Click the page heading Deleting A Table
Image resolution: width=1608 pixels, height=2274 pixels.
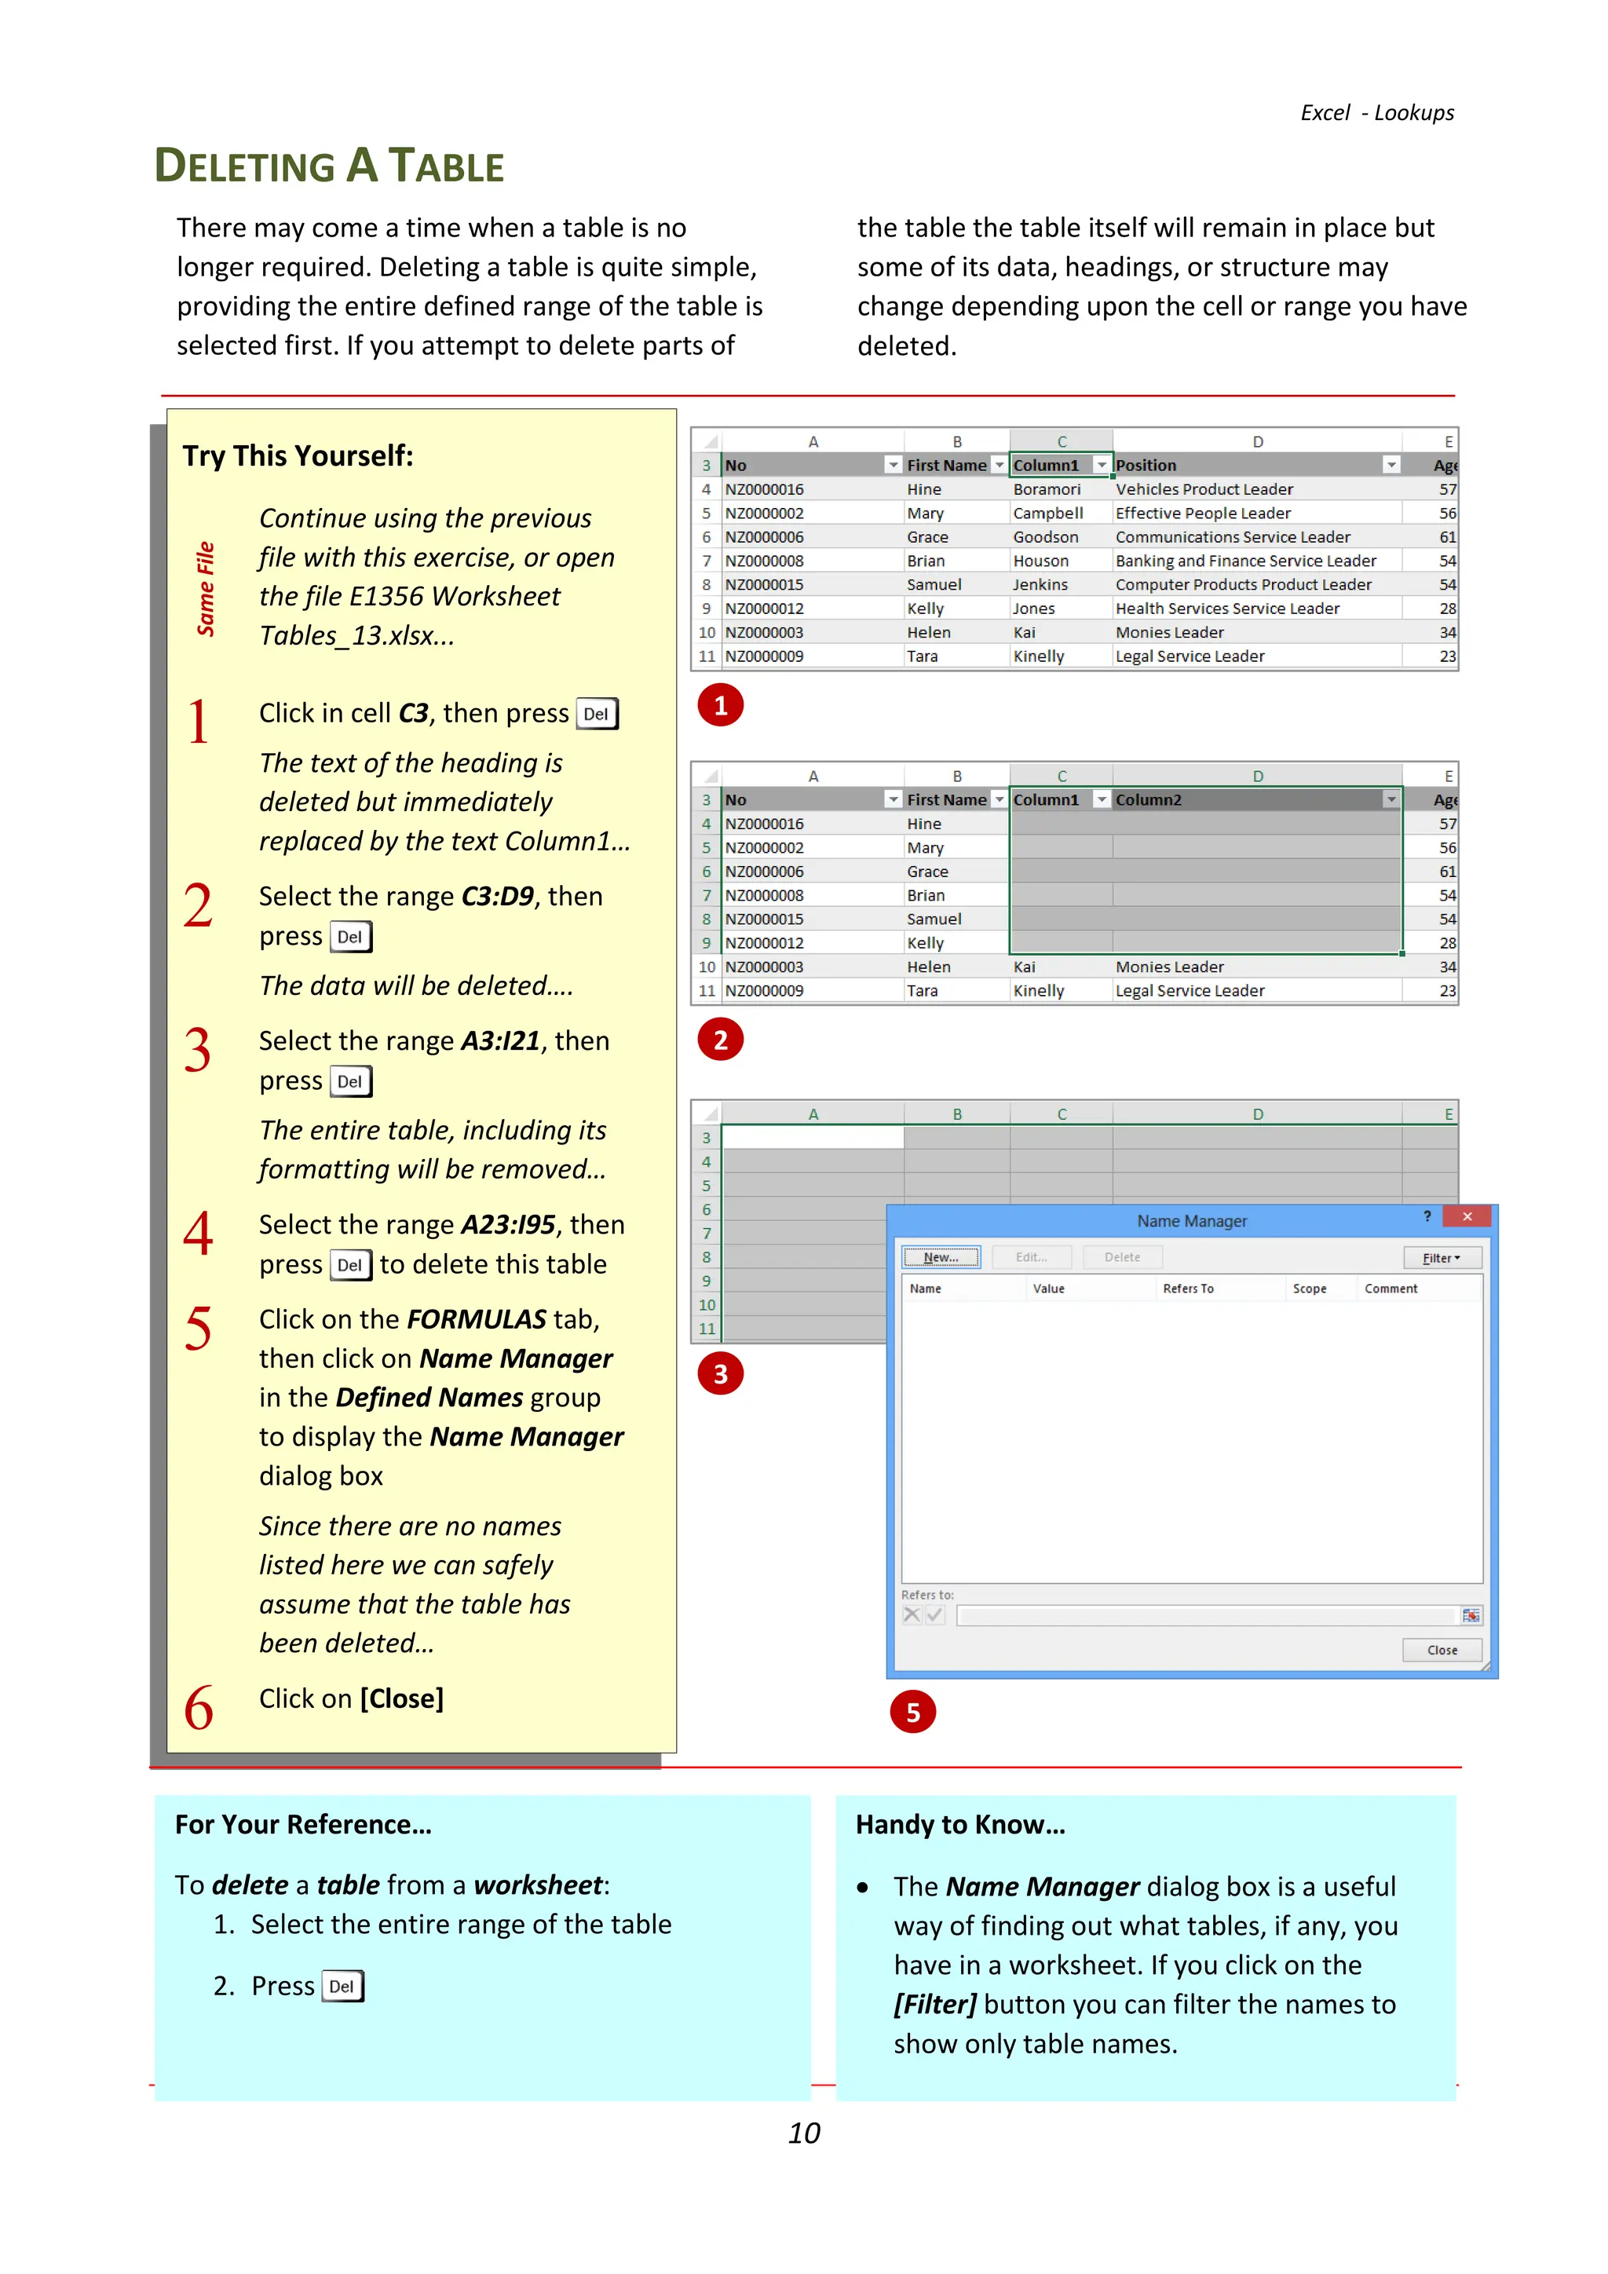click(x=329, y=166)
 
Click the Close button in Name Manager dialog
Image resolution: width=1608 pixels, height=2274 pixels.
click(x=1442, y=1650)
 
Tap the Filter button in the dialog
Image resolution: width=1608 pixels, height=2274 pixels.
click(x=1442, y=1258)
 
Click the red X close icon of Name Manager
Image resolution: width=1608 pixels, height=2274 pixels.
click(x=1467, y=1217)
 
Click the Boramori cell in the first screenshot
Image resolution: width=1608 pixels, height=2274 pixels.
click(x=1047, y=489)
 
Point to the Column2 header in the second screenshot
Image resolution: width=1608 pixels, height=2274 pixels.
click(x=1149, y=800)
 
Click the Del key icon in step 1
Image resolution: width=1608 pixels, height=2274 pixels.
click(x=596, y=714)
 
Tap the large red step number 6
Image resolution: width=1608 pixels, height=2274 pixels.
click(x=198, y=1709)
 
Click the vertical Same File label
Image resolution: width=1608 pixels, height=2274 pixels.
click(x=205, y=588)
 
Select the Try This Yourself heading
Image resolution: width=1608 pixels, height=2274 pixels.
click(x=297, y=455)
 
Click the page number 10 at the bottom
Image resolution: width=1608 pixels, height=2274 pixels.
click(x=803, y=2133)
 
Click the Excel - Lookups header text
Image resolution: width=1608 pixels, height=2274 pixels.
click(x=1376, y=113)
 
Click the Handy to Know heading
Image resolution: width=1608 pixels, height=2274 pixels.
click(x=959, y=1824)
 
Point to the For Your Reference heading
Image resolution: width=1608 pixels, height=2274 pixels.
click(x=303, y=1824)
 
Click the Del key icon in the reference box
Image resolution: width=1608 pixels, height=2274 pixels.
click(x=342, y=1987)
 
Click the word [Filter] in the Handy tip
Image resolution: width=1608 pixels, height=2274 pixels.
click(x=934, y=2005)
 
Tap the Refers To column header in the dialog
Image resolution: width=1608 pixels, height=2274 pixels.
click(x=1187, y=1289)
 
